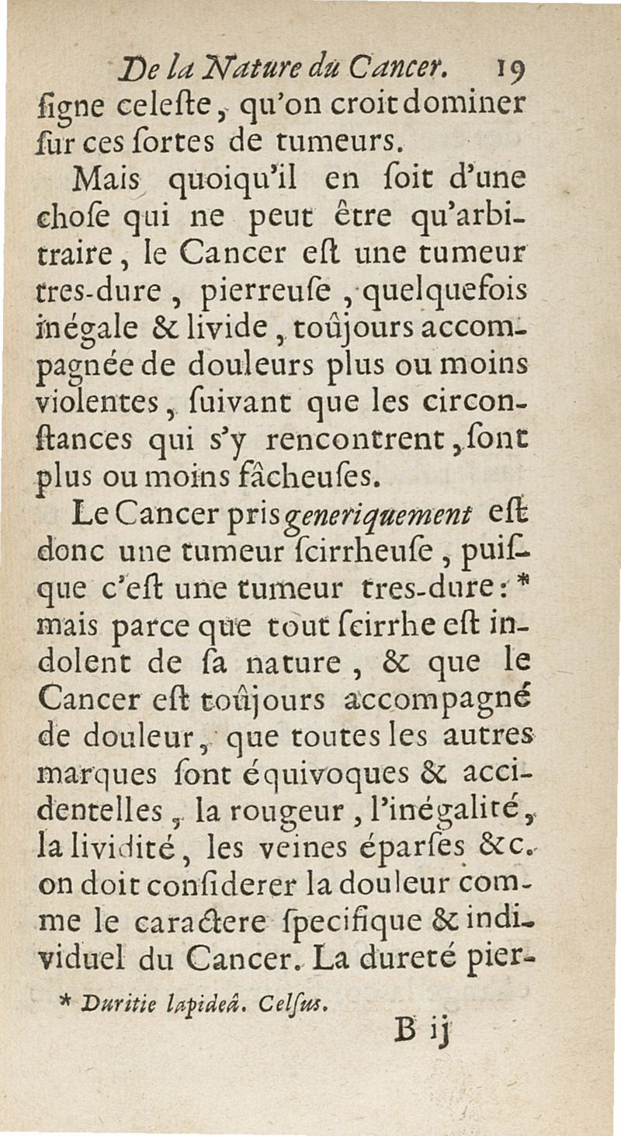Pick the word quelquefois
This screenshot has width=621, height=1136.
tap(432, 294)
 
